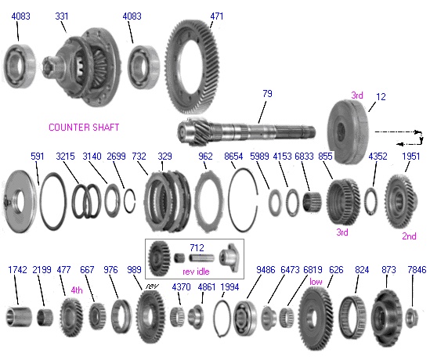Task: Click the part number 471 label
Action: coord(217,16)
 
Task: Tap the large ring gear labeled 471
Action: coord(192,67)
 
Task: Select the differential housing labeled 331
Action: coord(81,67)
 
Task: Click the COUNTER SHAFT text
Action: coord(84,127)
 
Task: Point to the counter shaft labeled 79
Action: coord(246,131)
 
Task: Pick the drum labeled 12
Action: coord(349,131)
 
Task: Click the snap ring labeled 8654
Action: coord(244,200)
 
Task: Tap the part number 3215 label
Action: coord(65,157)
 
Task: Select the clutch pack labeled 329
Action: coord(168,200)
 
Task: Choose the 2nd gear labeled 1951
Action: coord(401,201)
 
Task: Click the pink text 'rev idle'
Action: coord(196,272)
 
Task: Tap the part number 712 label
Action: coord(197,248)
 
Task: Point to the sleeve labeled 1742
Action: coord(19,317)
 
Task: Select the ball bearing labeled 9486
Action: coord(245,318)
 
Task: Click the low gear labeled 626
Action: coord(316,319)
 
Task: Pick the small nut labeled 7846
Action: coord(411,318)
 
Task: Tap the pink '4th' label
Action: coord(77,290)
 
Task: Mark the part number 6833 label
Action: coord(304,157)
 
